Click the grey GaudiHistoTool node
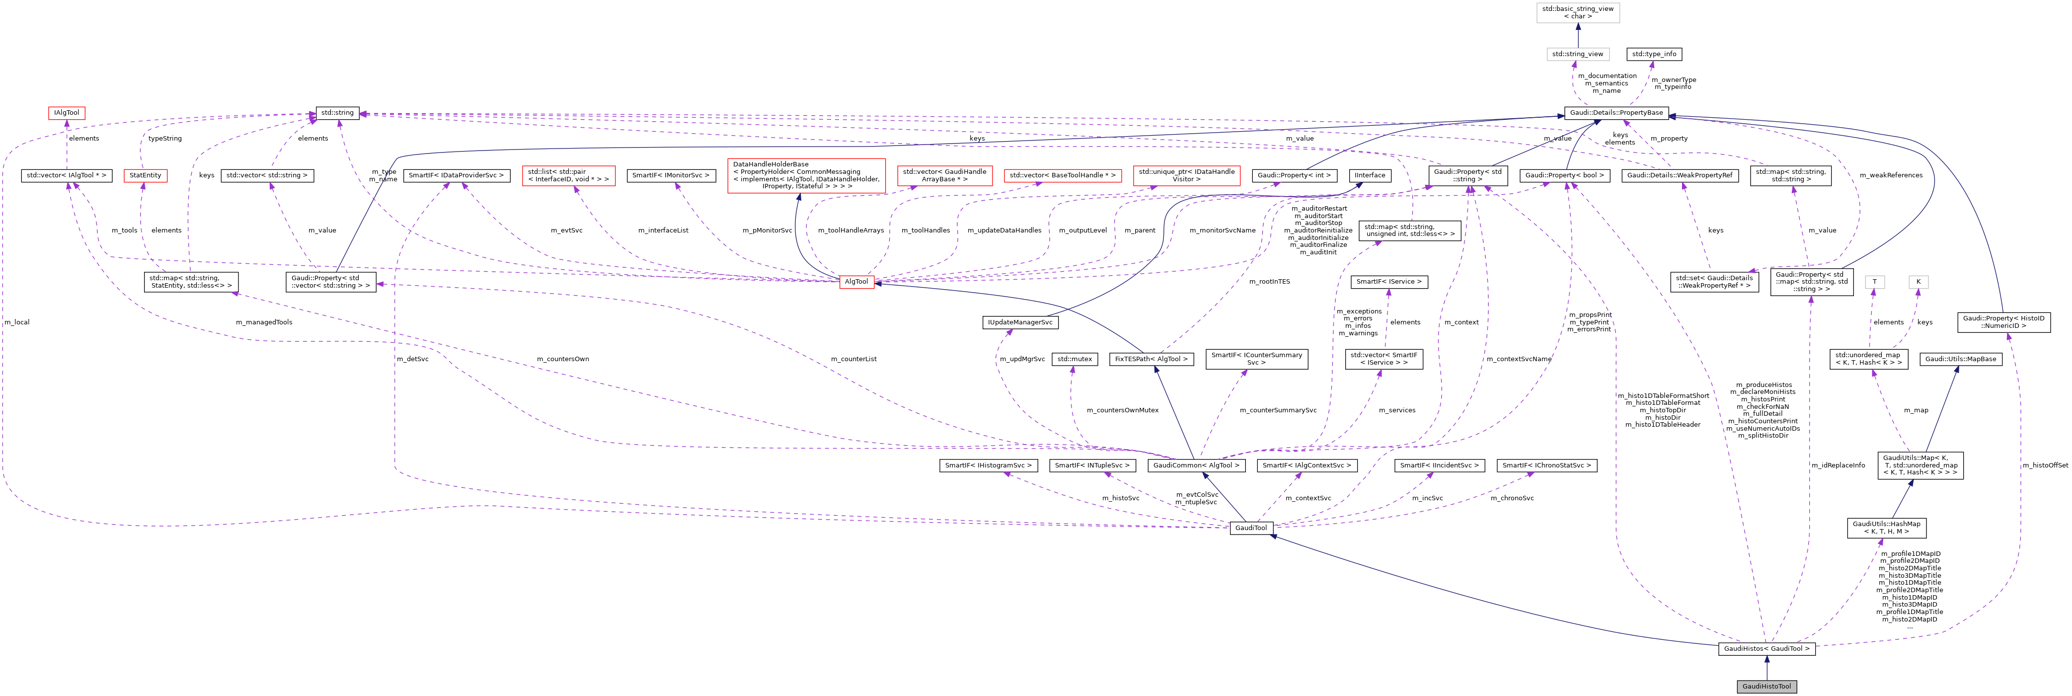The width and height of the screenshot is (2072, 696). click(1766, 687)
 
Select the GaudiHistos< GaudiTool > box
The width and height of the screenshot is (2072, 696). click(1766, 648)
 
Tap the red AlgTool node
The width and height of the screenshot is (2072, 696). click(856, 282)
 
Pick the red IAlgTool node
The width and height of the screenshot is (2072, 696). click(67, 113)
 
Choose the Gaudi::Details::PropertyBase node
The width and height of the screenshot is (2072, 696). click(1617, 113)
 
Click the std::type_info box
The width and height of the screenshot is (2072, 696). click(1654, 55)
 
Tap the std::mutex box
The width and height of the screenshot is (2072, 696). click(1074, 359)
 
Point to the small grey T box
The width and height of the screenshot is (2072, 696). click(1875, 282)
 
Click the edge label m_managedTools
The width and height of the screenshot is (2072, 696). click(264, 322)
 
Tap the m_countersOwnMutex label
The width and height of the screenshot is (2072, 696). click(1122, 410)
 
